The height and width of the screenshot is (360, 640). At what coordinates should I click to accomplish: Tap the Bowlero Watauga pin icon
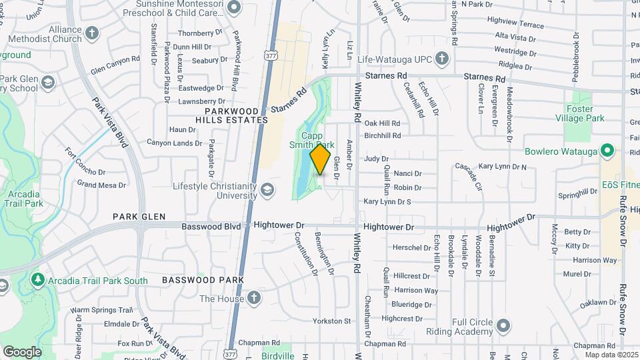[x=607, y=151]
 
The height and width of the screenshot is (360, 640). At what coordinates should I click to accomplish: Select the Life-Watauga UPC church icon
[x=441, y=59]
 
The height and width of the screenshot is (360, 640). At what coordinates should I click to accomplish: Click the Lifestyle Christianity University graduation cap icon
[x=267, y=191]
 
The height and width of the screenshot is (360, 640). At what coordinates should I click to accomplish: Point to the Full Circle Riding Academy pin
[x=503, y=325]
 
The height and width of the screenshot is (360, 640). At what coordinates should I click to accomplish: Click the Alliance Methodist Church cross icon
[x=92, y=33]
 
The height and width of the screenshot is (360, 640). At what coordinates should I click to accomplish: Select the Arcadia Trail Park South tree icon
[x=39, y=280]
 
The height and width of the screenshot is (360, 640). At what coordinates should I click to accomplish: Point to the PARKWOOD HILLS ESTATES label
[x=236, y=115]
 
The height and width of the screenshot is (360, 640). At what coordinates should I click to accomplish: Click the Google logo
[x=22, y=351]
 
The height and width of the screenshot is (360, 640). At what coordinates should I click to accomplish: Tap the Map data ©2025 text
[x=611, y=355]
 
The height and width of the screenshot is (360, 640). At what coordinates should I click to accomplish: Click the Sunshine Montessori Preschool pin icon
[x=234, y=7]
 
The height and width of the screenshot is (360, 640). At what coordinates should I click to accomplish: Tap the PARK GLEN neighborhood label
[x=138, y=216]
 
